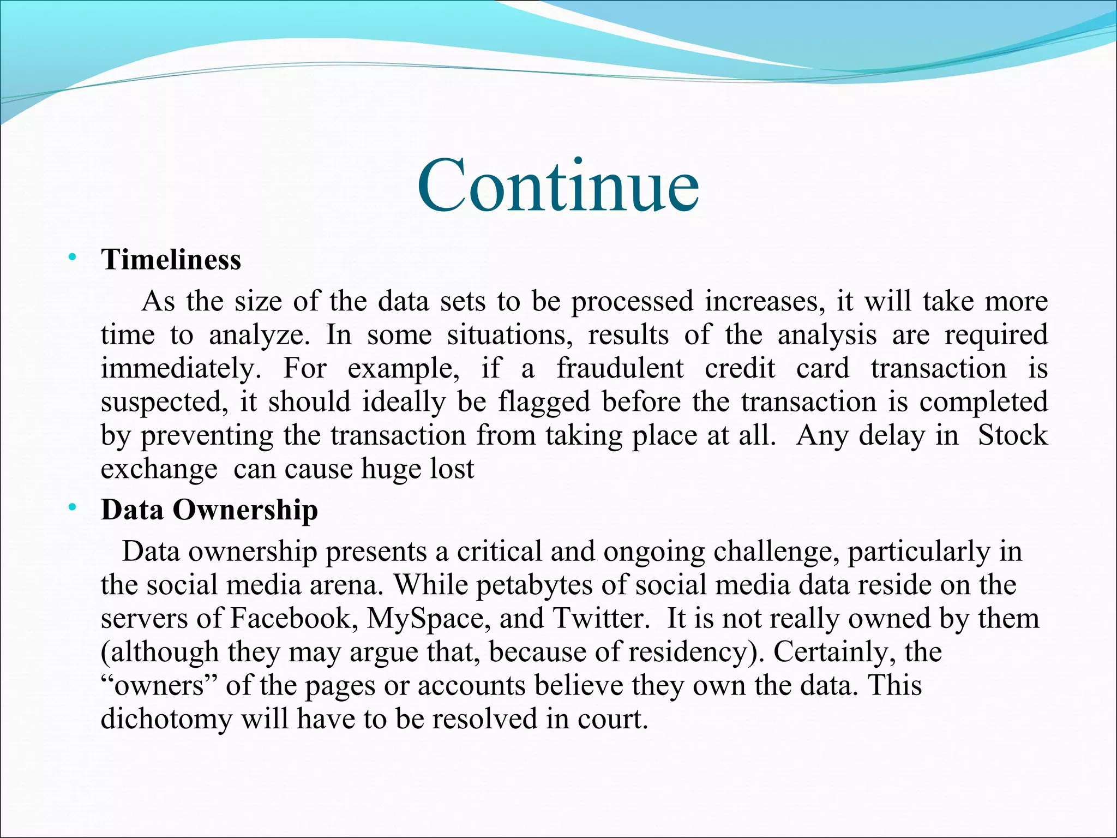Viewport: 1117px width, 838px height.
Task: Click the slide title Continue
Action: click(x=558, y=185)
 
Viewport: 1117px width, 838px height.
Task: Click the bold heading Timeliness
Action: click(x=171, y=260)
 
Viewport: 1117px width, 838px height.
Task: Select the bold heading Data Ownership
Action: click(x=209, y=511)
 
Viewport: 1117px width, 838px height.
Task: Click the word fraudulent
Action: click(x=620, y=368)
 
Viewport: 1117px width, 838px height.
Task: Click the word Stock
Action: click(x=1012, y=435)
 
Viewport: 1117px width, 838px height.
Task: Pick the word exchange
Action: click(x=159, y=470)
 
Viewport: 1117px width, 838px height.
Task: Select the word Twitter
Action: click(x=597, y=619)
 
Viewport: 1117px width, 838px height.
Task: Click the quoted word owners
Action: click(x=159, y=686)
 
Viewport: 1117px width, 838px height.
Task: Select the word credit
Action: click(x=740, y=368)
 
